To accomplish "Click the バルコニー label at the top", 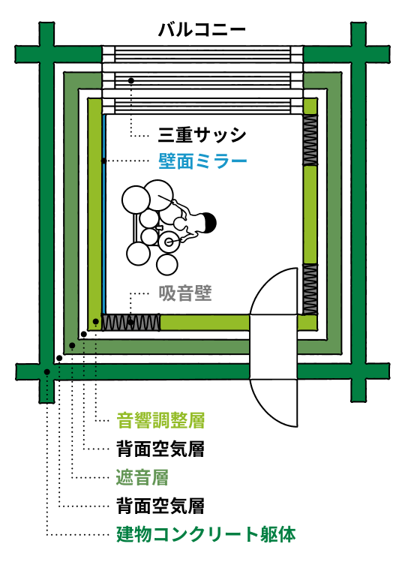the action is [x=202, y=30].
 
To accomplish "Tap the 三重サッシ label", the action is [x=202, y=134].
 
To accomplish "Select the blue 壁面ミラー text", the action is [x=202, y=161].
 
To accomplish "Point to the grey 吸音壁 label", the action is [x=185, y=293].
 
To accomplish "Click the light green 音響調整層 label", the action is [x=160, y=420].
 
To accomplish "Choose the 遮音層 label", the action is [x=142, y=477].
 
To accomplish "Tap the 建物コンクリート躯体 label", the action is [x=205, y=534].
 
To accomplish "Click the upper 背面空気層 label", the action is [x=160, y=449].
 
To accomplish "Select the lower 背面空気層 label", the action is [x=160, y=506].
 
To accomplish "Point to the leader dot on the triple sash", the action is [x=130, y=80].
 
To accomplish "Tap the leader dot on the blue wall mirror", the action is [x=103, y=161].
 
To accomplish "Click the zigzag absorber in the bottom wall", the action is [x=130, y=323].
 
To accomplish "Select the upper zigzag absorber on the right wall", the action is [x=310, y=140].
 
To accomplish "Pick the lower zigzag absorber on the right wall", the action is [x=310, y=290].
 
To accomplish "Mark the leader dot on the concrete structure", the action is [x=47, y=372].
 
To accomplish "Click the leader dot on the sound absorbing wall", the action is [x=130, y=323].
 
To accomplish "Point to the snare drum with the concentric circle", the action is [x=169, y=242].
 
